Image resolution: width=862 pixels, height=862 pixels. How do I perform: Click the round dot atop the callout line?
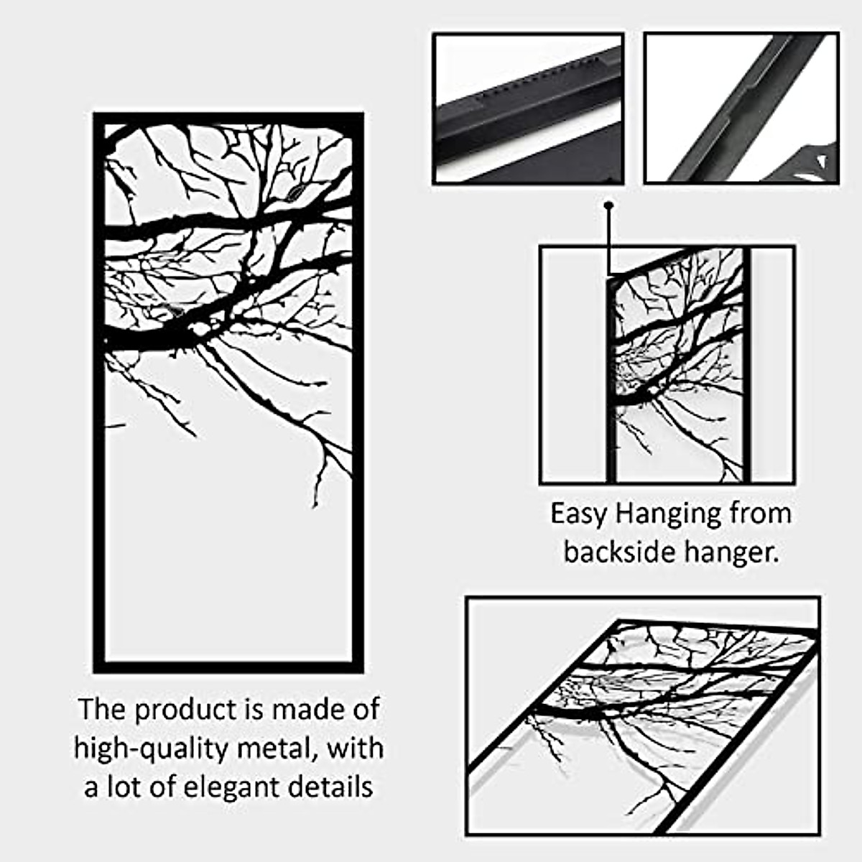[x=609, y=205]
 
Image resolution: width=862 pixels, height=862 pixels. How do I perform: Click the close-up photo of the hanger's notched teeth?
[x=528, y=108]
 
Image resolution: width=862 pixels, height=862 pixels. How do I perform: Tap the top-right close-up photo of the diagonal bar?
[x=741, y=108]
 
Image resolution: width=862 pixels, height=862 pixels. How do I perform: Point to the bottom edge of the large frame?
[x=228, y=667]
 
